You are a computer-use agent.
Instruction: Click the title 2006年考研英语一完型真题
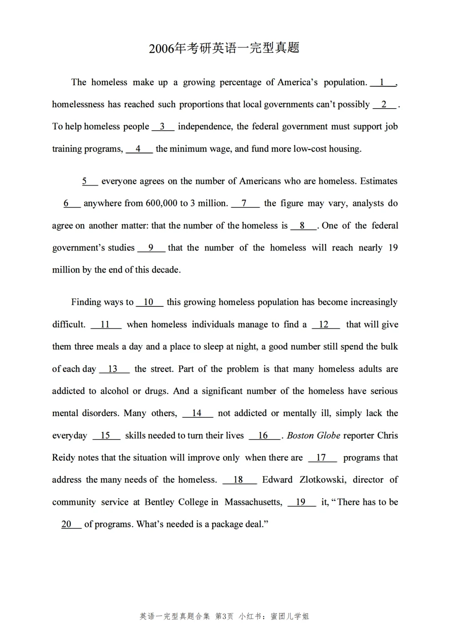(x=224, y=48)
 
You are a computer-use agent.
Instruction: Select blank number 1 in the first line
(x=382, y=82)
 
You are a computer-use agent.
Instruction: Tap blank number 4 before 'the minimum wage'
(x=138, y=149)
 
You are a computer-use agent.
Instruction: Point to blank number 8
(x=303, y=226)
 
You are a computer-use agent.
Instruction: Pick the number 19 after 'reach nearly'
(x=393, y=248)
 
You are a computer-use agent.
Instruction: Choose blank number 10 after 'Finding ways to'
(x=149, y=302)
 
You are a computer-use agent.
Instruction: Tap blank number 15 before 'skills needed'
(x=106, y=435)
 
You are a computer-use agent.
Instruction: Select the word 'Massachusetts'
(x=253, y=502)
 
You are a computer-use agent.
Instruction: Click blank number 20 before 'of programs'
(x=67, y=524)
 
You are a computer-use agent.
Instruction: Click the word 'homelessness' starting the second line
(x=78, y=104)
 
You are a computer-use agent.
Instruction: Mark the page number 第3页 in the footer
(x=224, y=616)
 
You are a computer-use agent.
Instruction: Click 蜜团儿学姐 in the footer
(x=290, y=616)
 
